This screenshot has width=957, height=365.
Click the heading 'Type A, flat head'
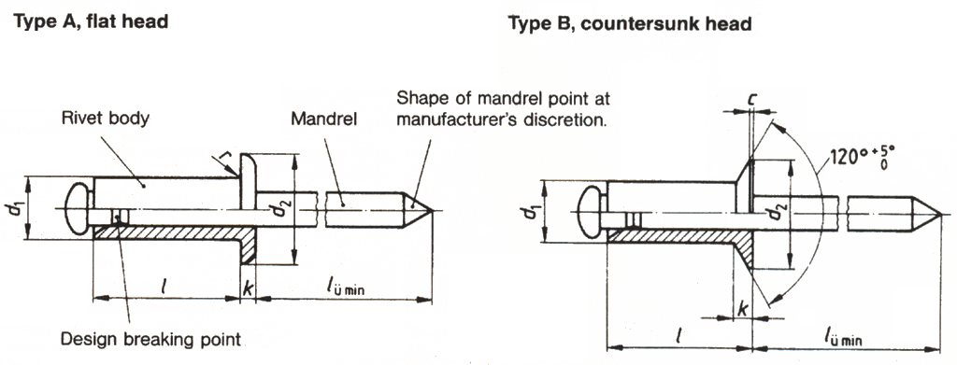point(92,21)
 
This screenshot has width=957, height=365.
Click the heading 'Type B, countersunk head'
point(630,23)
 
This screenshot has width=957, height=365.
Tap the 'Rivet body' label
point(105,119)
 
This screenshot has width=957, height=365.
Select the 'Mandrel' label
point(323,119)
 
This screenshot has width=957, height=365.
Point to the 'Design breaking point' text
point(150,339)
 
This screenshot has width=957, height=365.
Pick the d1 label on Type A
point(18,209)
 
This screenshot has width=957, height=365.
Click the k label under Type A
point(247,288)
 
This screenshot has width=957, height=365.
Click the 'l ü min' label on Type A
point(345,288)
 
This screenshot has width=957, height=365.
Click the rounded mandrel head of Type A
point(79,210)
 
